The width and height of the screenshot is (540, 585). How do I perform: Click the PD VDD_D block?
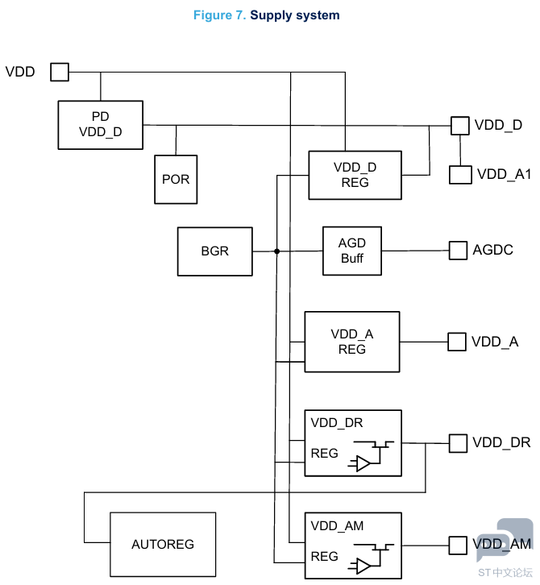[101, 125]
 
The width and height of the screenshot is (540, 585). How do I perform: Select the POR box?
[176, 180]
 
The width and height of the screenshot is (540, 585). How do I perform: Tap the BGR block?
[215, 251]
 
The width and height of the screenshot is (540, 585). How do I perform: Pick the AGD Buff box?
[352, 251]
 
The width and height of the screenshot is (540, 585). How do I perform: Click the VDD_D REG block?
[355, 175]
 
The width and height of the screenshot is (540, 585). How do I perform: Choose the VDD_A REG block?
[352, 342]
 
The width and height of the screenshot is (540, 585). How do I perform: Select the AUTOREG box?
[163, 545]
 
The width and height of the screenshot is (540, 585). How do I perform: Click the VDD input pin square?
[60, 72]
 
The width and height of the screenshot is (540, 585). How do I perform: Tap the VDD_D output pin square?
[459, 126]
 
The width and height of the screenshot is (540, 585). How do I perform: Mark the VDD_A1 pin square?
[460, 175]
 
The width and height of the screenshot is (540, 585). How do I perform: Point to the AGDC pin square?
[458, 250]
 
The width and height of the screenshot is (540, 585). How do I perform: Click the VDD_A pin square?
[457, 342]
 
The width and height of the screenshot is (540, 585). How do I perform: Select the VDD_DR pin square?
[458, 443]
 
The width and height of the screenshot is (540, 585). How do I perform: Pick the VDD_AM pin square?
[458, 546]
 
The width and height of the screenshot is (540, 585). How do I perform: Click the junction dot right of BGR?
[277, 251]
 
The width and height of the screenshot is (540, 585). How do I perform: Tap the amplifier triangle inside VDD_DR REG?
[363, 464]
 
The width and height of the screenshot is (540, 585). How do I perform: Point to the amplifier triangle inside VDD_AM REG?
[363, 566]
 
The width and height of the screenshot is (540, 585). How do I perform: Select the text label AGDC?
[492, 250]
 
